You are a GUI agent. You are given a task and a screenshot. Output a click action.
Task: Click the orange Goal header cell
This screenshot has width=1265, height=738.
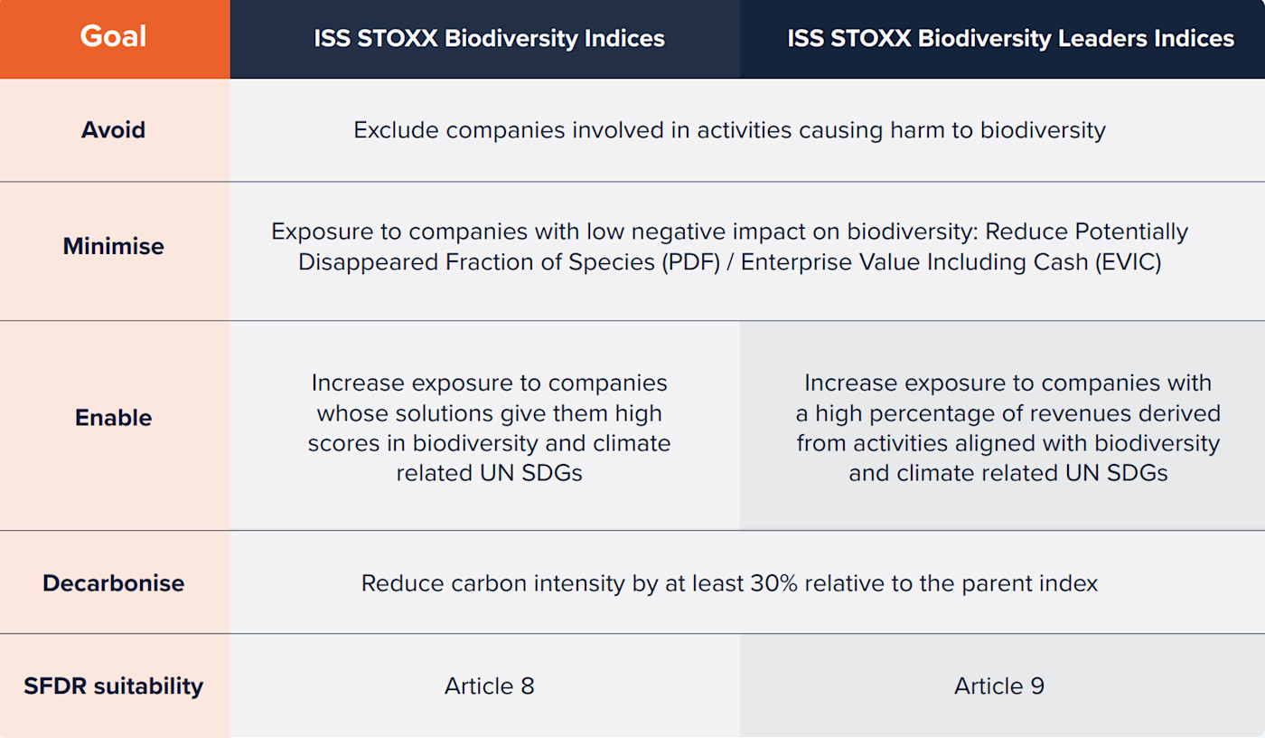click(114, 38)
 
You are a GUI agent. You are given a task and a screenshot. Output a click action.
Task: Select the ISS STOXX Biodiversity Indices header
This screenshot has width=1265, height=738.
click(489, 39)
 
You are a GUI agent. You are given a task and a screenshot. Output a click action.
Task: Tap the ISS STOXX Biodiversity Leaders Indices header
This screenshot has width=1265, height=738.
click(1010, 39)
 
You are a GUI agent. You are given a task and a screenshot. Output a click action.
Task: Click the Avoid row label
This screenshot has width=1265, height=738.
click(114, 130)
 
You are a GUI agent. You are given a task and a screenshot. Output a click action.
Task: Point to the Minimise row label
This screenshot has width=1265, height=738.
click(114, 246)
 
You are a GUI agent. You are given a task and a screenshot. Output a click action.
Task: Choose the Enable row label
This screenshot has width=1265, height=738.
click(114, 418)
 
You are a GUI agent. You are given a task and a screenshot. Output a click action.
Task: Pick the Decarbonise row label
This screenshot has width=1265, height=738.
click(114, 582)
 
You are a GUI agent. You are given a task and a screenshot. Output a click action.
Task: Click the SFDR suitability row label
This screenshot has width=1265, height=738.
click(114, 686)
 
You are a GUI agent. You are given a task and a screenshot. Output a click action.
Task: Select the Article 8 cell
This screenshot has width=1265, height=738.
click(489, 686)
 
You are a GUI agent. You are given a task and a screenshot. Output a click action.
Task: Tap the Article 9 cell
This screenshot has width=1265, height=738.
click(998, 686)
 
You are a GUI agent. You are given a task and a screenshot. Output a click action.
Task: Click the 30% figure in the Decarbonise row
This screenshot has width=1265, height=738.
click(773, 583)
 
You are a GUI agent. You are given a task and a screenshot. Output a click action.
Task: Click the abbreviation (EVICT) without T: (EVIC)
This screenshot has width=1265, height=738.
click(1128, 263)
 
